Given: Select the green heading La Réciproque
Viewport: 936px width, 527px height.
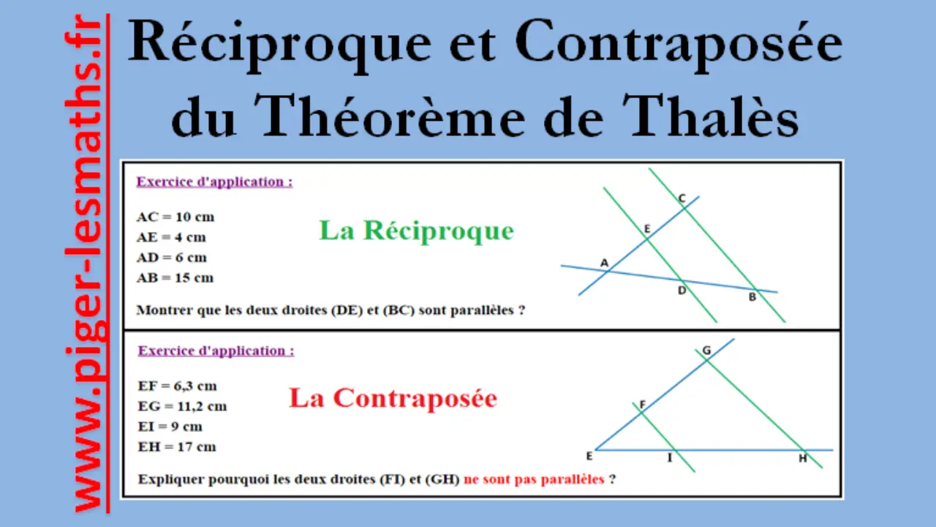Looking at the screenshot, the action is click(x=416, y=231).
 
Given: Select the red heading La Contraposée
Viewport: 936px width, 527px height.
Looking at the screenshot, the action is click(x=393, y=397).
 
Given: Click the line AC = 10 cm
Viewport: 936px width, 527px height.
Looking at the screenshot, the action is click(x=175, y=217).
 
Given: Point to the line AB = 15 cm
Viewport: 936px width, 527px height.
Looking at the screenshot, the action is click(x=175, y=277).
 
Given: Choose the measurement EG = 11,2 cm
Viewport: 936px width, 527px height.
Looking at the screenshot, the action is click(x=182, y=406).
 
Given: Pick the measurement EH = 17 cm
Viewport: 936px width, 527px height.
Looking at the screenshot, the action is click(x=177, y=447).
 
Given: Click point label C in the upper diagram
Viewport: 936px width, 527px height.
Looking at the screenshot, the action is click(x=682, y=198).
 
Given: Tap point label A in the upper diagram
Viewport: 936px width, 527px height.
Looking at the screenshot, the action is click(x=604, y=263).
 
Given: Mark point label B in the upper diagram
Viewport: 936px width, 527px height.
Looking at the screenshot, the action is click(x=752, y=297).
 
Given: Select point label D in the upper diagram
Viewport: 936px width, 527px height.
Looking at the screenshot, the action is click(x=682, y=291).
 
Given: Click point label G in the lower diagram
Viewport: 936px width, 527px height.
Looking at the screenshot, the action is click(x=706, y=351).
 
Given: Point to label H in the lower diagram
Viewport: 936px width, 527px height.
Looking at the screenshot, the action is click(x=803, y=458).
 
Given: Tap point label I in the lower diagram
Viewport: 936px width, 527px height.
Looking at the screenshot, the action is click(x=670, y=458).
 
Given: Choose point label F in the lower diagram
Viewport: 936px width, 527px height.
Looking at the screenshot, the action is click(x=643, y=405).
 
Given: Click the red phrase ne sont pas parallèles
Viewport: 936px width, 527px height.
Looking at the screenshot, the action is click(x=534, y=479).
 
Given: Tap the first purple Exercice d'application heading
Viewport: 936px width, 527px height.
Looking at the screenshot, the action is click(x=214, y=182).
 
